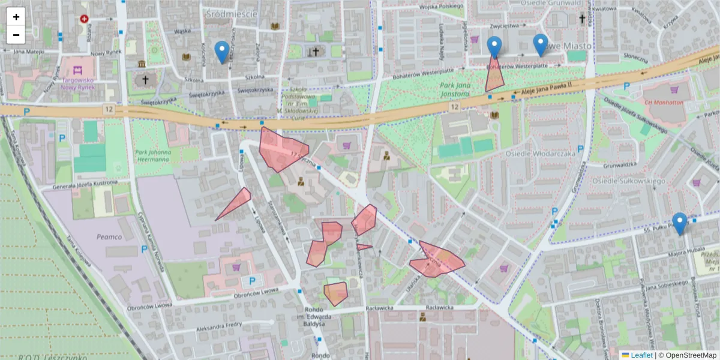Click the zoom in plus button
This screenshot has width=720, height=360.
16,17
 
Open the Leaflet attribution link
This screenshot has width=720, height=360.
641,355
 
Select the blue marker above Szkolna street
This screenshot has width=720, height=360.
222,52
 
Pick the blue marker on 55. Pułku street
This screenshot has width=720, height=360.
679,224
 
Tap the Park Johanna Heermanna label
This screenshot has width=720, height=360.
153,156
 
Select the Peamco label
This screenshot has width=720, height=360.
109,237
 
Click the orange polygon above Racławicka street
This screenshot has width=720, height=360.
336,293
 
